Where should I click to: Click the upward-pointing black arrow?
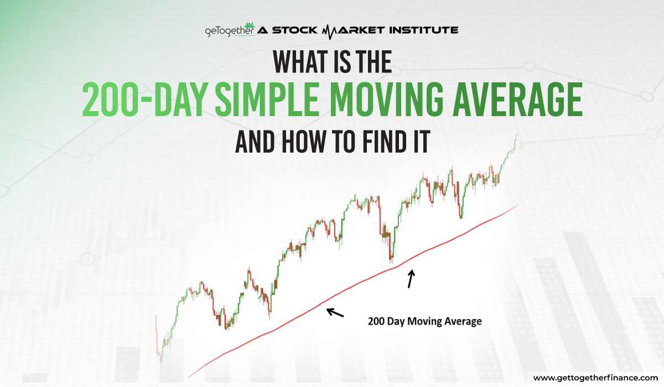point(410,279)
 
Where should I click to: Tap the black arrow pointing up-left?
point(335,312)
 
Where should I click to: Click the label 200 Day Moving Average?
point(424,321)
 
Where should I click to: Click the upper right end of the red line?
point(518,205)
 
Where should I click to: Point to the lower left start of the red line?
point(189,376)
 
